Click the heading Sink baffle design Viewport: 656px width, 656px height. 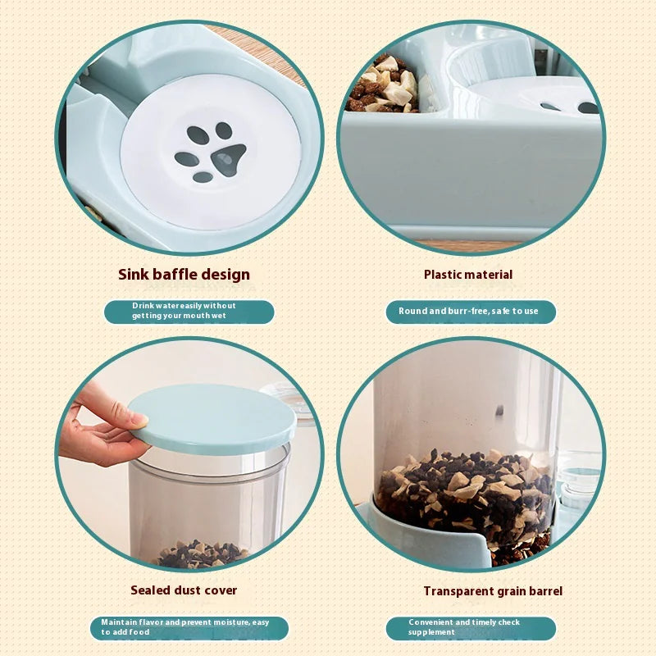pos(184,274)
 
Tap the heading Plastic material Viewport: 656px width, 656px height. pos(467,274)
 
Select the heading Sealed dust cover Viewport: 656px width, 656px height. pos(184,590)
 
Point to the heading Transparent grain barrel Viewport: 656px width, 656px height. pos(493,590)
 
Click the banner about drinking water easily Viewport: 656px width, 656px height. pos(189,311)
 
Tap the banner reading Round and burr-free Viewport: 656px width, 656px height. pos(471,312)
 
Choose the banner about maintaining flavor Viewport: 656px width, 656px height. pos(189,627)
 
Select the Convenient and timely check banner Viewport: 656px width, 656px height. pos(471,627)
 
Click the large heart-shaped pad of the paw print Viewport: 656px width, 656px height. pos(228,158)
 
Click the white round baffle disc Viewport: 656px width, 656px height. pos(205,152)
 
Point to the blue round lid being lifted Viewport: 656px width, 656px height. pos(211,418)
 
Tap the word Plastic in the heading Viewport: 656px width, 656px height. pos(444,274)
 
